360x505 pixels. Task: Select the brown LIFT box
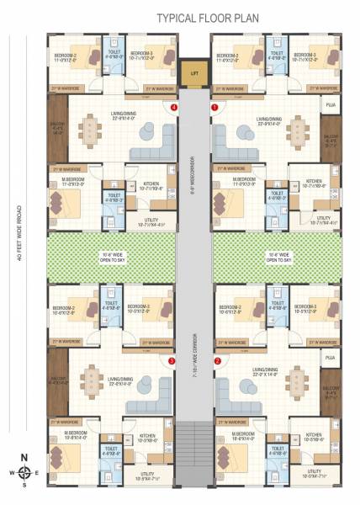click(195, 72)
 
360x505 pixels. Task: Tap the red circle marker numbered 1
click(214, 108)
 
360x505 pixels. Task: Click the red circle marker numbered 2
click(217, 361)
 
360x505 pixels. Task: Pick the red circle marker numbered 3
click(172, 361)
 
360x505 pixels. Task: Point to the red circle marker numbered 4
click(174, 108)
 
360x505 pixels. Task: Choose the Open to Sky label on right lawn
click(277, 257)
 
